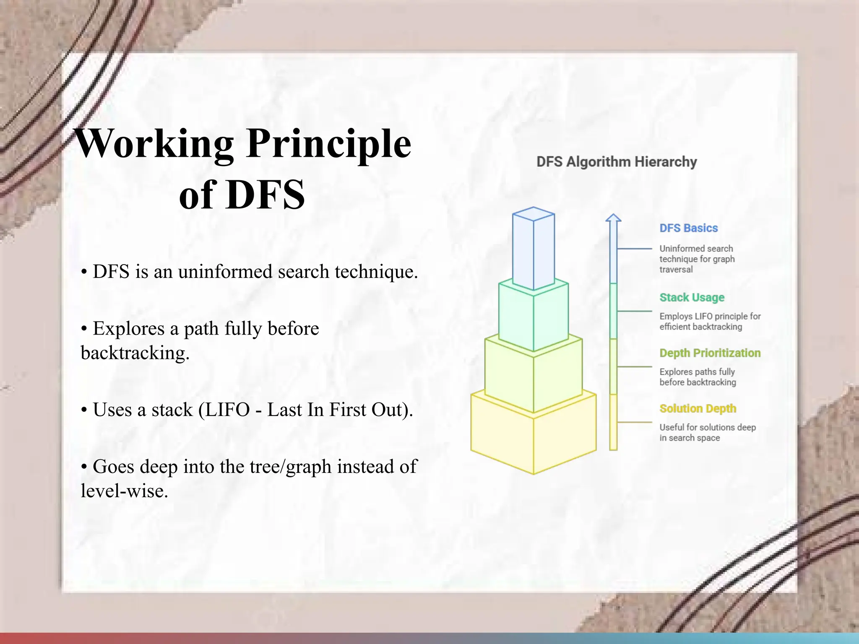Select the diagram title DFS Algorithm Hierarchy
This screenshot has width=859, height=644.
click(616, 162)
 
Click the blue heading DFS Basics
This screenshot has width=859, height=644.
click(688, 228)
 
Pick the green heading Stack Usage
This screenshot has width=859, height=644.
click(692, 297)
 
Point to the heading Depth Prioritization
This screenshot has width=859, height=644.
click(710, 353)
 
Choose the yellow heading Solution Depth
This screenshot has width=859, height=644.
click(698, 408)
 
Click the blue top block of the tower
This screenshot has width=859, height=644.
click(533, 252)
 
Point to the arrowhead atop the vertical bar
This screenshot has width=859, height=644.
click(613, 218)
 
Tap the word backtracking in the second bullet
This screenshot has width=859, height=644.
click(134, 353)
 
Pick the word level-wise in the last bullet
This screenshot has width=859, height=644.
click(124, 491)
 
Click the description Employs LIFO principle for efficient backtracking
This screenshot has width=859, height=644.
click(710, 322)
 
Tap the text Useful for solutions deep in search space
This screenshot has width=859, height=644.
click(707, 432)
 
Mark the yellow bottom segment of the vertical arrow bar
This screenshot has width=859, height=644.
click(613, 421)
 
